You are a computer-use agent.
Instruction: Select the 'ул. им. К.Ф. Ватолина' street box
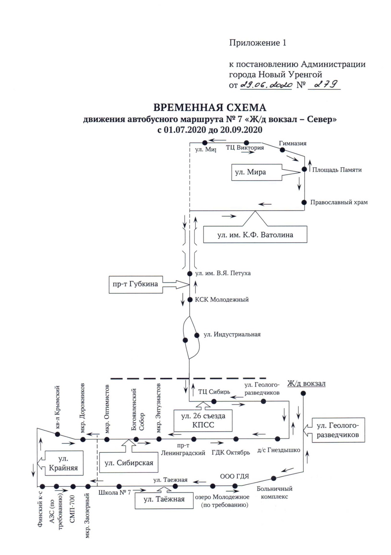(x=255, y=234)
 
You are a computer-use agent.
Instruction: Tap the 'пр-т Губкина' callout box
(x=135, y=284)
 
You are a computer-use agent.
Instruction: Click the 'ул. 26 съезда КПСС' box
(x=203, y=420)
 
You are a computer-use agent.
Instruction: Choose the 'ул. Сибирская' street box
(x=129, y=463)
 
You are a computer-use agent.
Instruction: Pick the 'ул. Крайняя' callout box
(x=64, y=463)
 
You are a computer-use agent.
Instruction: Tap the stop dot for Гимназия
(x=282, y=150)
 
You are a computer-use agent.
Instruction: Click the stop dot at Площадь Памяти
(x=304, y=169)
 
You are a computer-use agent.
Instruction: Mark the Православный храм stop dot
(x=304, y=202)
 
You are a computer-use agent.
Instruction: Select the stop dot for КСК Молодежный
(x=190, y=300)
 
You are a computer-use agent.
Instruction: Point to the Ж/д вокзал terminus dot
(x=303, y=393)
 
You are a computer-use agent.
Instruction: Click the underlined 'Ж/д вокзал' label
(x=306, y=384)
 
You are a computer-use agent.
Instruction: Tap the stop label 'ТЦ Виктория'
(x=245, y=148)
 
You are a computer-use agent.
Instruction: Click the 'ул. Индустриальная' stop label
(x=232, y=335)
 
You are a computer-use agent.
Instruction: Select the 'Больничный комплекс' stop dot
(x=274, y=478)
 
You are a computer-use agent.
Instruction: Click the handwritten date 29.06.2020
(x=266, y=85)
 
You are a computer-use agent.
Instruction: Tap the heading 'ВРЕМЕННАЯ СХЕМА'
(x=210, y=108)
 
